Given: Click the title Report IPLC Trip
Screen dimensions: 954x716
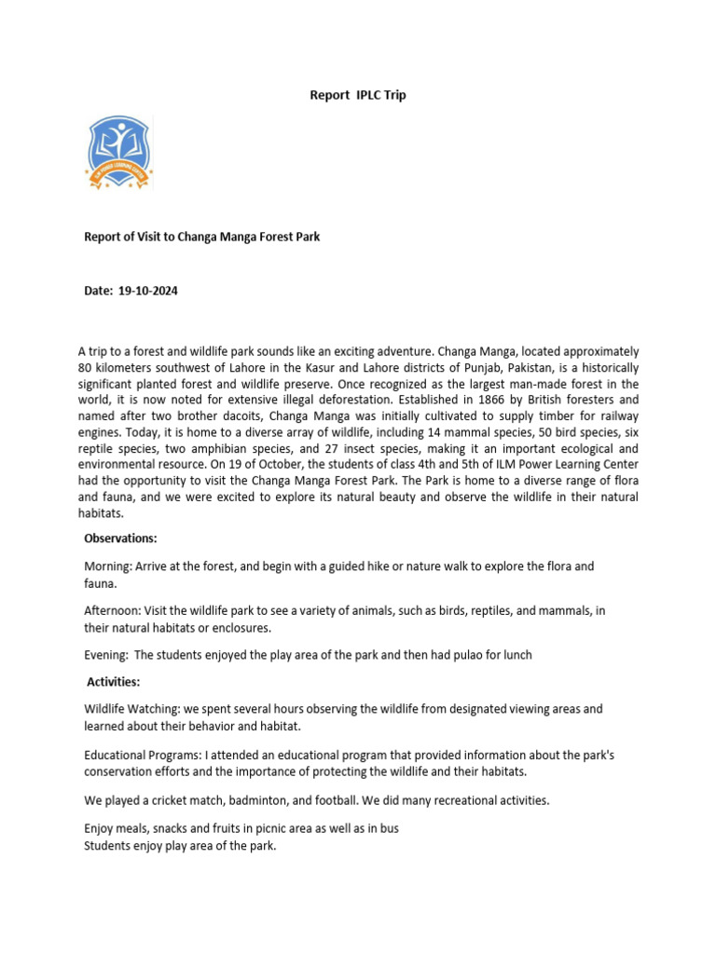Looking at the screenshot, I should (357, 95).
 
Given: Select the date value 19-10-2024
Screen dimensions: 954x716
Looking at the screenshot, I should (148, 291).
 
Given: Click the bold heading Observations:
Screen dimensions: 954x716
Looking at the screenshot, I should (120, 538).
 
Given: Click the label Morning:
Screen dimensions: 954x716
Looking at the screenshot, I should (109, 566).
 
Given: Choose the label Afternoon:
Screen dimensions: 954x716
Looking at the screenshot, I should (115, 611).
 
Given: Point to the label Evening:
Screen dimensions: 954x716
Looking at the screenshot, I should (107, 655).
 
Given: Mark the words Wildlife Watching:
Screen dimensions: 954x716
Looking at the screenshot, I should (133, 709).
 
